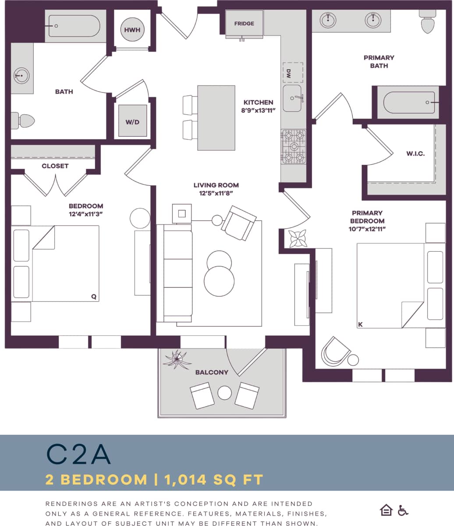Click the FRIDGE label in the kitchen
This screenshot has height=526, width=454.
pyautogui.click(x=244, y=24)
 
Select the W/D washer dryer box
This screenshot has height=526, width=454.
pyautogui.click(x=132, y=121)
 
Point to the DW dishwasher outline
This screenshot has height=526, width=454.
pyautogui.click(x=293, y=72)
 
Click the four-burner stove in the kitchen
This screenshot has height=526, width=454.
pyautogui.click(x=294, y=146)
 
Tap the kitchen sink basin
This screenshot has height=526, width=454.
pyautogui.click(x=292, y=99)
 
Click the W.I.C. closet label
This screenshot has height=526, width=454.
pyautogui.click(x=415, y=154)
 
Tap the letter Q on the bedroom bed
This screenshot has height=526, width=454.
pyautogui.click(x=93, y=296)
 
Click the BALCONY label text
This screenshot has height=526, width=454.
pyautogui.click(x=212, y=372)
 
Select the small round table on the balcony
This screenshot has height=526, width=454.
pyautogui.click(x=224, y=393)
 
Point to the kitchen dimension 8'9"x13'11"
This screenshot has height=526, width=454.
pyautogui.click(x=259, y=110)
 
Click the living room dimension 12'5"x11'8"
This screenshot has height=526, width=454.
pyautogui.click(x=216, y=193)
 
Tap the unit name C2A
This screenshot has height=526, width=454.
pyautogui.click(x=78, y=455)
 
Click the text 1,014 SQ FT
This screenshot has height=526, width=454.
pyautogui.click(x=214, y=480)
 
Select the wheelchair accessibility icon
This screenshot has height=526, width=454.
pyautogui.click(x=403, y=511)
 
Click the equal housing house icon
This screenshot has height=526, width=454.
pyautogui.click(x=386, y=510)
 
